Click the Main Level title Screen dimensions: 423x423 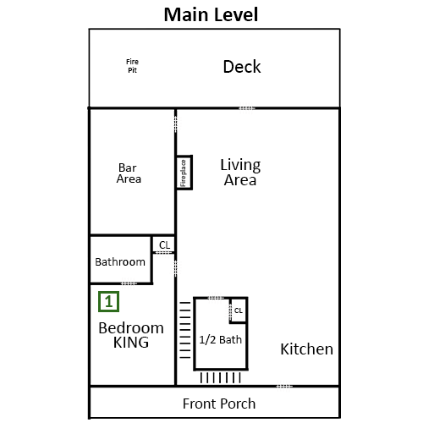(211, 14)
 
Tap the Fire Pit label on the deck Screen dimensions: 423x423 (132, 66)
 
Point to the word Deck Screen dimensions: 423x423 (242, 67)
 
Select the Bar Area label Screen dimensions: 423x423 (129, 173)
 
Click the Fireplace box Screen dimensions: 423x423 (184, 173)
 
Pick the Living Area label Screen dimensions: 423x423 (240, 173)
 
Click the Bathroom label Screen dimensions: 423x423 (120, 262)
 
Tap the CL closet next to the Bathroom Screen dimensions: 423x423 (163, 244)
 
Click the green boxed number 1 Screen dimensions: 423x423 (108, 302)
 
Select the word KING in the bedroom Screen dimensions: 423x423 (131, 343)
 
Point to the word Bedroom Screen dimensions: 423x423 (131, 328)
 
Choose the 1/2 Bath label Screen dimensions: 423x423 (221, 340)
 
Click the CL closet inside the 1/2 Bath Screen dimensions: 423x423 (239, 310)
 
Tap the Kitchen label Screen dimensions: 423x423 (306, 349)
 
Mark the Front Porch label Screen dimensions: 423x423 (219, 404)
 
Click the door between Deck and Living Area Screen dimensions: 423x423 (247, 108)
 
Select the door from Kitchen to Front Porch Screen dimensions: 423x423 (284, 386)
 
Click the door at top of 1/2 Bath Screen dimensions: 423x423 (216, 298)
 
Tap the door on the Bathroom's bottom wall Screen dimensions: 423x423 (129, 283)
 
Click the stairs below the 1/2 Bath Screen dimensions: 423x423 (220, 377)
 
